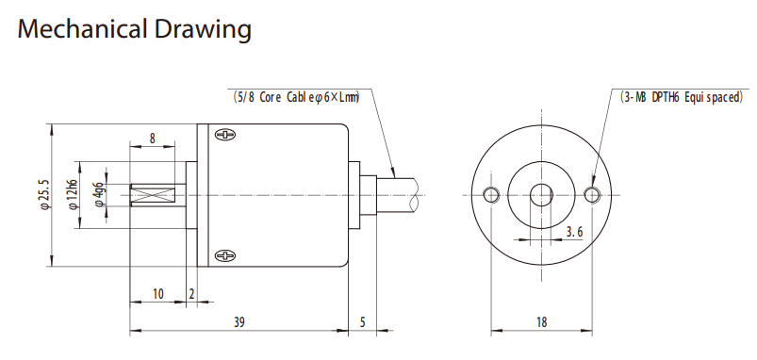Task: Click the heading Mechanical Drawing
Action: (134, 29)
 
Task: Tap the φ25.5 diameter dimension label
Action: (45, 194)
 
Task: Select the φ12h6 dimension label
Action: (73, 194)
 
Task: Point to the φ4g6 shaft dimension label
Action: (99, 195)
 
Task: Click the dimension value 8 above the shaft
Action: (152, 139)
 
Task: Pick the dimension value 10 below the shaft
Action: (157, 294)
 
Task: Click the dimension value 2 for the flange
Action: (191, 294)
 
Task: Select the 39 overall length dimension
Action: (239, 322)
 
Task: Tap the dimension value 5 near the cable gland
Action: (363, 322)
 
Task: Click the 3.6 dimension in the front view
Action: (574, 232)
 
